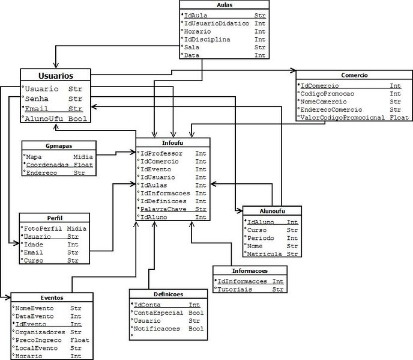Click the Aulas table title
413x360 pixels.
coord(225,5)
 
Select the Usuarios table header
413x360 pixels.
coord(56,76)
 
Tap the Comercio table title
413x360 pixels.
coord(354,76)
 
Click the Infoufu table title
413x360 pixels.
coord(173,143)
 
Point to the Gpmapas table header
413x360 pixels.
coord(58,145)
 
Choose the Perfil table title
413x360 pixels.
coord(54,218)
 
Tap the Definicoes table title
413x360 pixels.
coord(168,294)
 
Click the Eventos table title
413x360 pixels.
coord(52,297)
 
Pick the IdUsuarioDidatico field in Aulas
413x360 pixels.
coord(216,23)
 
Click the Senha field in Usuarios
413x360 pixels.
coord(37,99)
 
